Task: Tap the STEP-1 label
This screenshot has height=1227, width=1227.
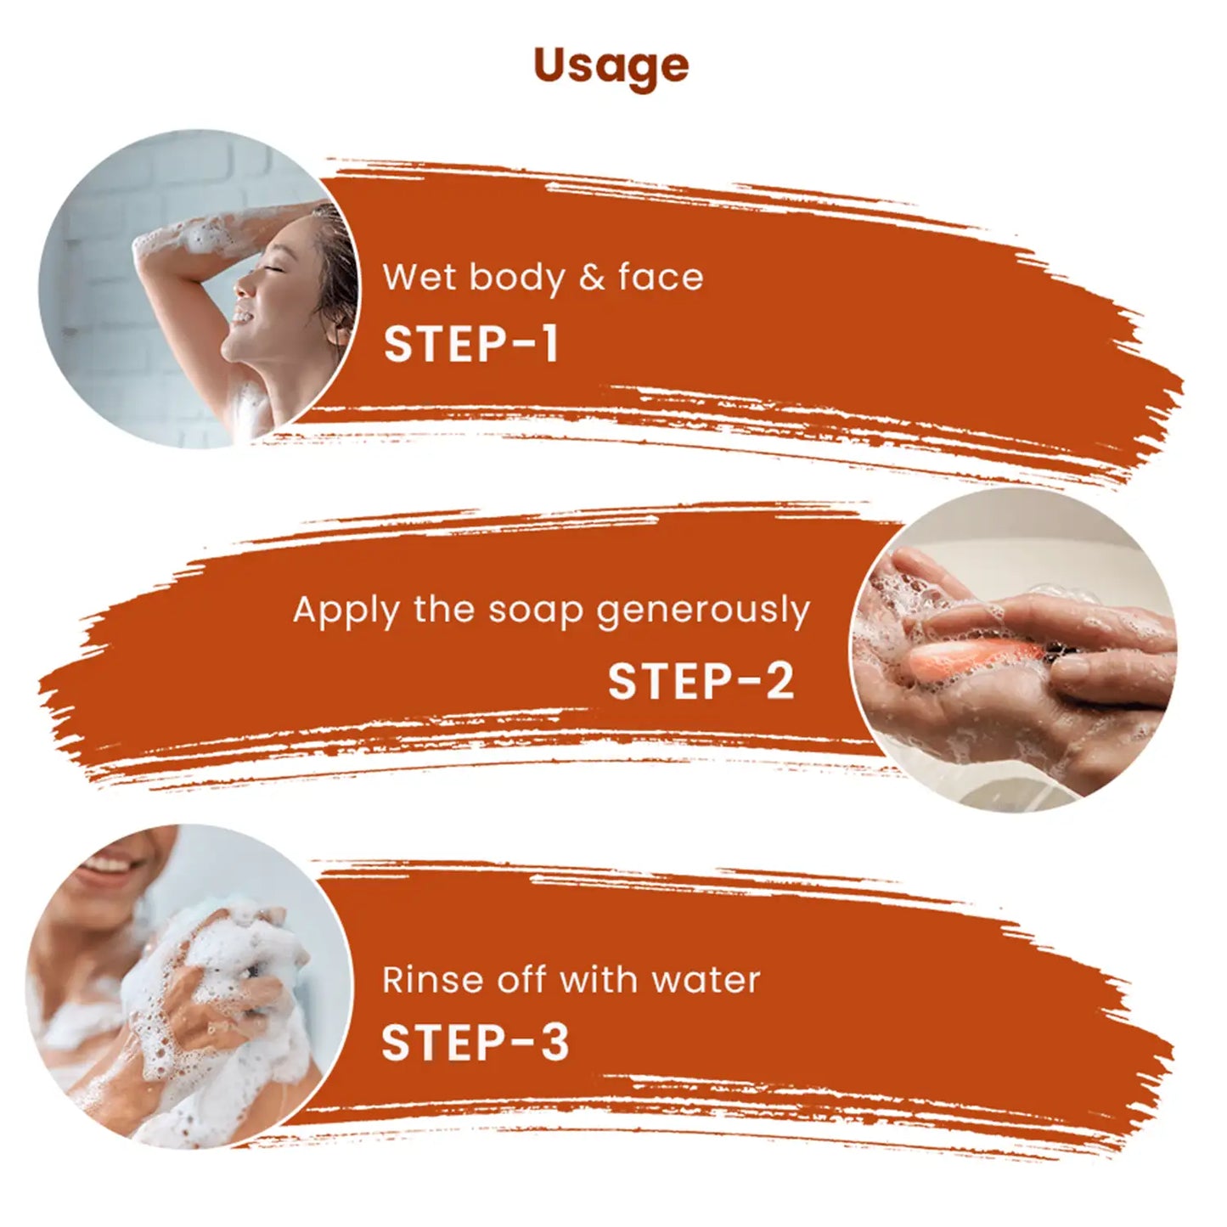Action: point(471,345)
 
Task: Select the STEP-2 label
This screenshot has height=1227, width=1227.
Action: point(701,681)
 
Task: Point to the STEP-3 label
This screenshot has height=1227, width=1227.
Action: point(475,1043)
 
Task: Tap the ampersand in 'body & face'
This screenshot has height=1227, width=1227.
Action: point(592,279)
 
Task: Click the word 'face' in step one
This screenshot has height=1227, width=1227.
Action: point(661,278)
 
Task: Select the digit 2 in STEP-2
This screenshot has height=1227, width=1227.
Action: point(778,681)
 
